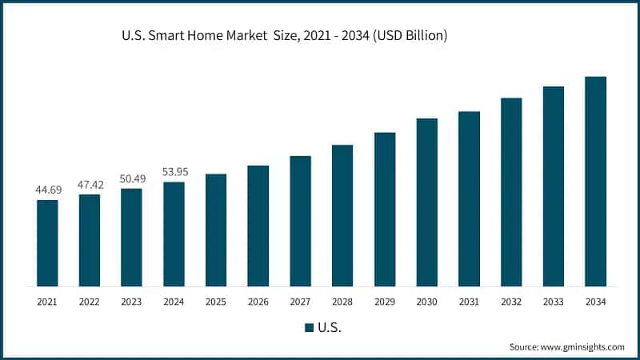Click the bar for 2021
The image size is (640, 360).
coord(47,242)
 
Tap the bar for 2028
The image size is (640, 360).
coord(342,215)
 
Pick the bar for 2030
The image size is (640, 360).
coord(426,202)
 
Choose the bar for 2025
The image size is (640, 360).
coord(216,230)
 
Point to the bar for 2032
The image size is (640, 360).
coord(511,192)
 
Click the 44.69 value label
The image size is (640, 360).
coord(47,190)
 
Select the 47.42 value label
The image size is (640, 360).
coord(90,185)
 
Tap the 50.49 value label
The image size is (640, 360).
coord(131,179)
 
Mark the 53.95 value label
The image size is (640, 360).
coord(174,173)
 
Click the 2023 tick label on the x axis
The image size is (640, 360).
coord(131,302)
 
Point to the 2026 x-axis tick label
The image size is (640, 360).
coord(258,302)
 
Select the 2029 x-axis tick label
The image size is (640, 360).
coord(384,302)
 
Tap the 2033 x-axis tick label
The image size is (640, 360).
coord(553,302)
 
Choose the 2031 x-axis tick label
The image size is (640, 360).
coord(469,302)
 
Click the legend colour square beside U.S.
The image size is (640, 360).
coord(309,327)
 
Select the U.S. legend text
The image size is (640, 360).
coord(330,327)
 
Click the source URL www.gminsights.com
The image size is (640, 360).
coord(582,346)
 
